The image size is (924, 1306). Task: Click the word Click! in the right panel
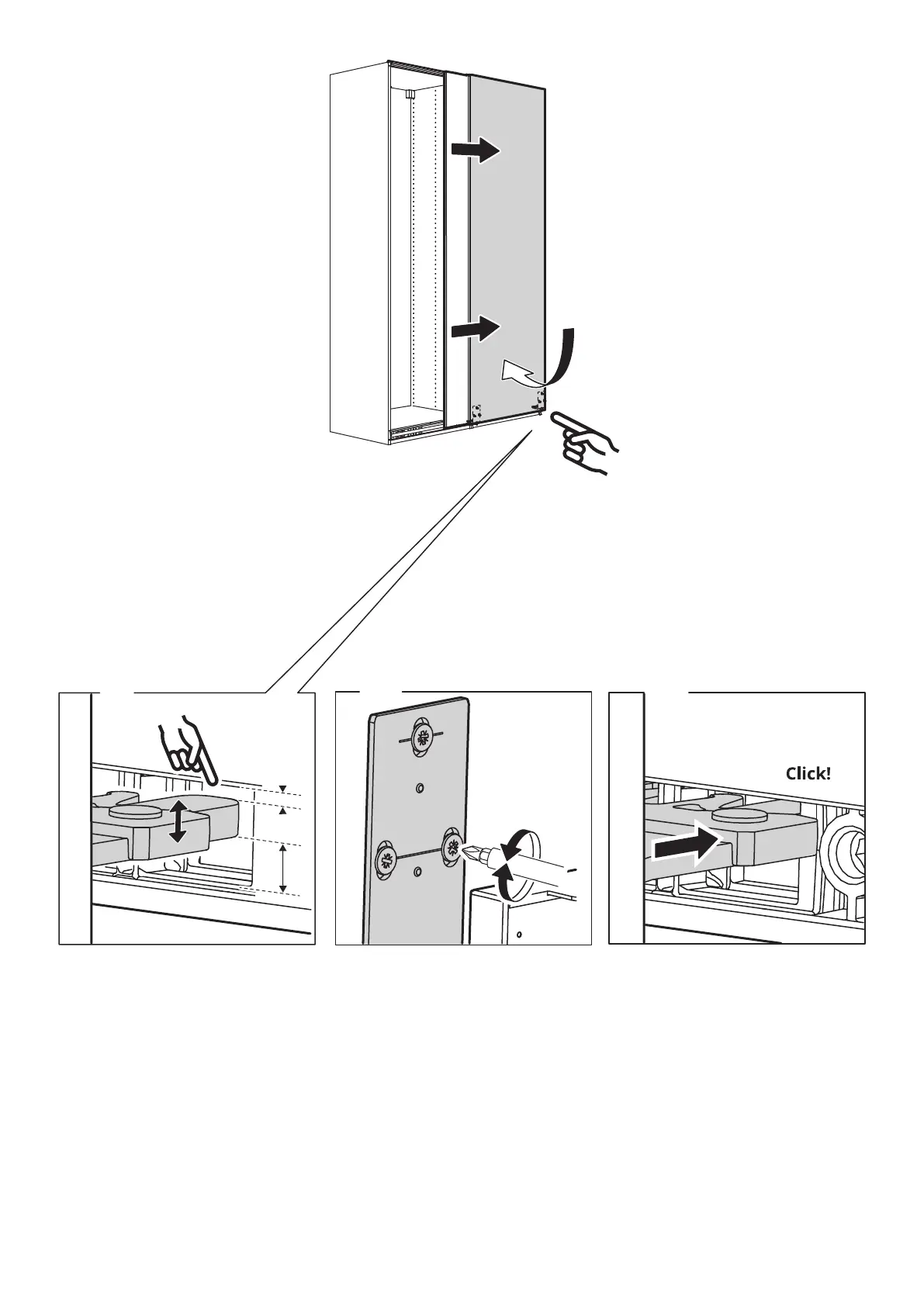pyautogui.click(x=808, y=774)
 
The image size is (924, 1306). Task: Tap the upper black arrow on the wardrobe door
pyautogui.click(x=477, y=150)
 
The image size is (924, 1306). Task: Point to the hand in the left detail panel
pyautogui.click(x=186, y=748)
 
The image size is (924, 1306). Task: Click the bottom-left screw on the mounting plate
pyautogui.click(x=386, y=859)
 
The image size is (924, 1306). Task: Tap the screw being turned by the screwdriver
pyautogui.click(x=453, y=846)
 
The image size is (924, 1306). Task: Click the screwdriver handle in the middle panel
pyautogui.click(x=535, y=865)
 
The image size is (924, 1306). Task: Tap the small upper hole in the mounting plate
pyautogui.click(x=420, y=788)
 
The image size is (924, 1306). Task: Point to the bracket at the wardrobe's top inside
pyautogui.click(x=409, y=94)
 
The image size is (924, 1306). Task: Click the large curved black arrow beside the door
pyautogui.click(x=562, y=357)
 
